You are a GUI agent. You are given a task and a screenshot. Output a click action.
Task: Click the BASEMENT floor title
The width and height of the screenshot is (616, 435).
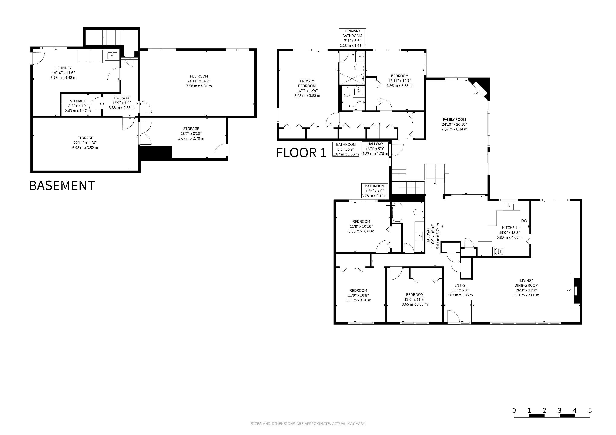pos(62,185)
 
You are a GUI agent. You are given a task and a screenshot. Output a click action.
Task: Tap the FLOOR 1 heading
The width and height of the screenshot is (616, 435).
pos(301,153)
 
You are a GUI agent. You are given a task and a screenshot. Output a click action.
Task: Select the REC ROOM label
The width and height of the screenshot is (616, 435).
pos(199,76)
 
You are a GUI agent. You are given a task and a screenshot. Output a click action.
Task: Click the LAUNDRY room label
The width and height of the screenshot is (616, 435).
pos(64,68)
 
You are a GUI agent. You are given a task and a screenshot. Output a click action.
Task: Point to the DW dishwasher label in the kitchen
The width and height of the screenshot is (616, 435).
pos(524,221)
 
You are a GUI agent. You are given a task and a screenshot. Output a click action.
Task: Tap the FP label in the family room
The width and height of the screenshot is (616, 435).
pos(476,93)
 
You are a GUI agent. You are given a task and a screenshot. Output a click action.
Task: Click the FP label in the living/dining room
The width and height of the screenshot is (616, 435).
pos(569,290)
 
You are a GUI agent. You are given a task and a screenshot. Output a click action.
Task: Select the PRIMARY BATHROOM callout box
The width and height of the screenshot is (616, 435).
pos(352,38)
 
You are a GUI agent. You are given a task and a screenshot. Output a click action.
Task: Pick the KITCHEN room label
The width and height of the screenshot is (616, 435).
pos(509,228)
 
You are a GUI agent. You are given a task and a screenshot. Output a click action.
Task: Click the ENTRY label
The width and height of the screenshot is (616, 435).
pos(460,285)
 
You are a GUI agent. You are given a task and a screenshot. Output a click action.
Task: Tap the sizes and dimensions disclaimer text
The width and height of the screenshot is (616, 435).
pos(308,424)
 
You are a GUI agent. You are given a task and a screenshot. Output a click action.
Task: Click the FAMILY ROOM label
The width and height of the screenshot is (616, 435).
pos(455,119)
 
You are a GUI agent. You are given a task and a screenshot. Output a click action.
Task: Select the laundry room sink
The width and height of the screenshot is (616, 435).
pos(112,56)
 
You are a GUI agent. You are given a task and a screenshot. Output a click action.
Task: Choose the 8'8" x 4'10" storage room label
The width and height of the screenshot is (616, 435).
pos(78,106)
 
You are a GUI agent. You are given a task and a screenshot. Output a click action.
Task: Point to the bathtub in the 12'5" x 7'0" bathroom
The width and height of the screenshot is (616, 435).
pos(397,212)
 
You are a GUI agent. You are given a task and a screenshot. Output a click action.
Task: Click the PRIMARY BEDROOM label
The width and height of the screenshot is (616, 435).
pos(307,83)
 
